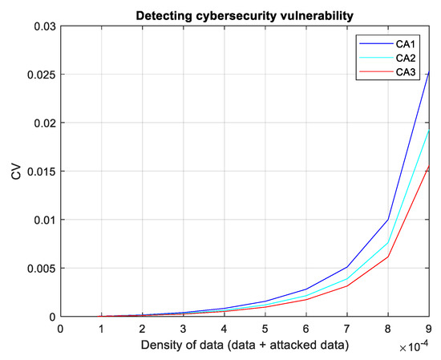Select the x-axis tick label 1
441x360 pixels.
[101, 328]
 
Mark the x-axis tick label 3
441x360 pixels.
[184, 328]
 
